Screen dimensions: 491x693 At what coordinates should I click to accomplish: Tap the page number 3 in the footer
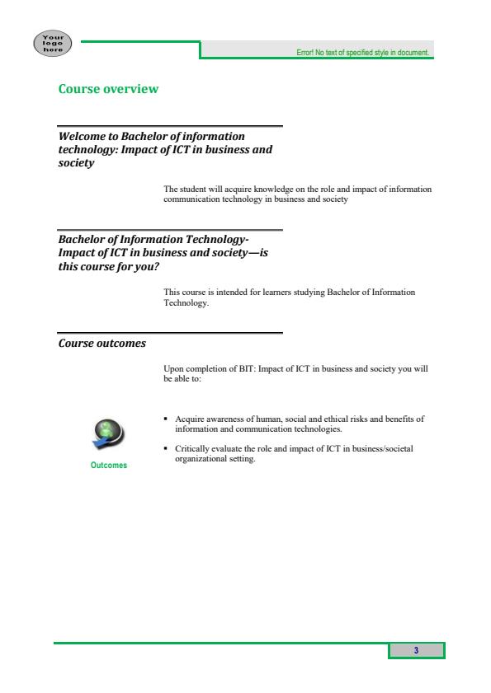[x=417, y=651]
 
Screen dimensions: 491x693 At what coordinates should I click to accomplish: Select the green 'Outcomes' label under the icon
[x=109, y=466]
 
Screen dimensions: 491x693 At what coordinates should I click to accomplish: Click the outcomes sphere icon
[x=109, y=433]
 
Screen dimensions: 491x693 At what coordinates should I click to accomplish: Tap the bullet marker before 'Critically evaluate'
[x=167, y=449]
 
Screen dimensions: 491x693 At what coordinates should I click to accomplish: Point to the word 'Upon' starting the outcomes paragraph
[x=173, y=368]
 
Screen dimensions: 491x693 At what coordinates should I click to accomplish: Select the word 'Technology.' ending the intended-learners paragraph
[x=187, y=302]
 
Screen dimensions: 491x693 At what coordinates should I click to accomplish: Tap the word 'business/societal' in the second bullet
[x=381, y=449]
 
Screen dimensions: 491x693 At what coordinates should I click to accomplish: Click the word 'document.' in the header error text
[x=416, y=52]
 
